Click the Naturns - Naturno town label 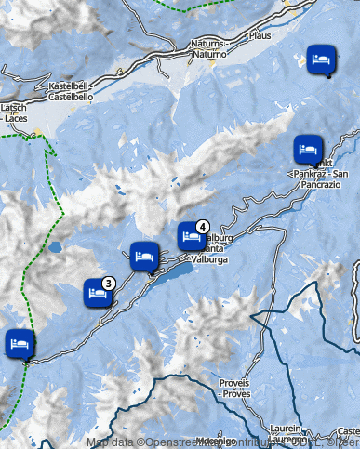point(206,49)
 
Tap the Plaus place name point(260,36)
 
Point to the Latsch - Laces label point(13,113)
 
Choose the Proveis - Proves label point(233,388)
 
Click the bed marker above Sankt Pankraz point(308,148)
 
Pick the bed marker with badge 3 point(98,292)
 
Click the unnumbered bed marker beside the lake point(143,254)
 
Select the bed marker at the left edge point(19,342)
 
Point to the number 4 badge point(203,226)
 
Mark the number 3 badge point(109,283)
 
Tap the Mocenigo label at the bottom point(216,441)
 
